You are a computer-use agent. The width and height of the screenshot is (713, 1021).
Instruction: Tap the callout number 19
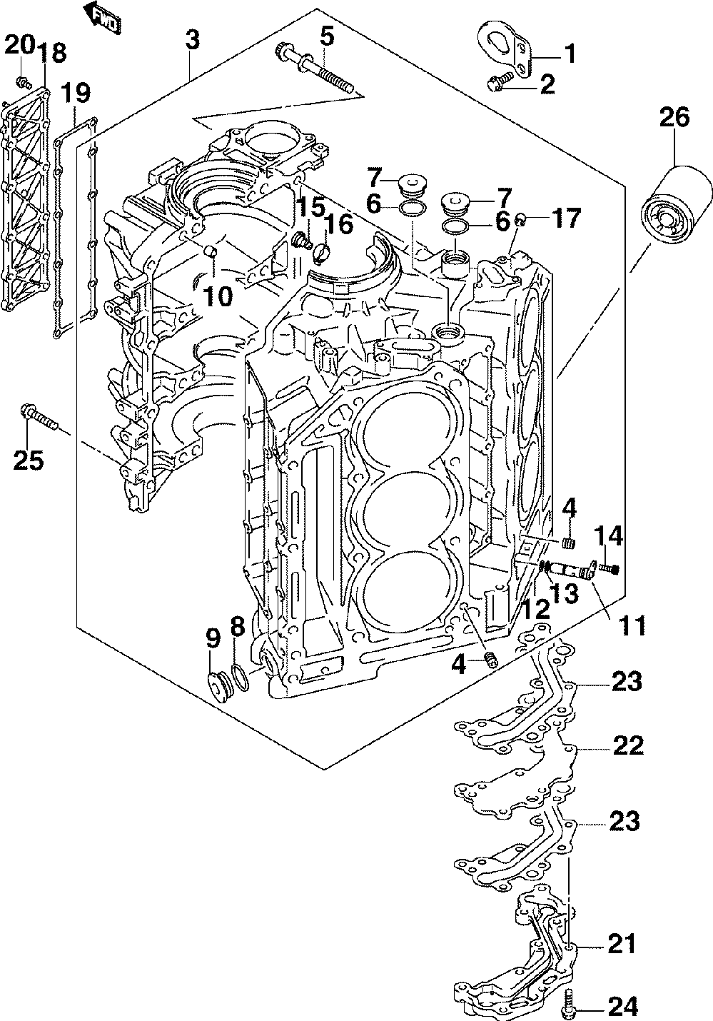coord(75,93)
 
